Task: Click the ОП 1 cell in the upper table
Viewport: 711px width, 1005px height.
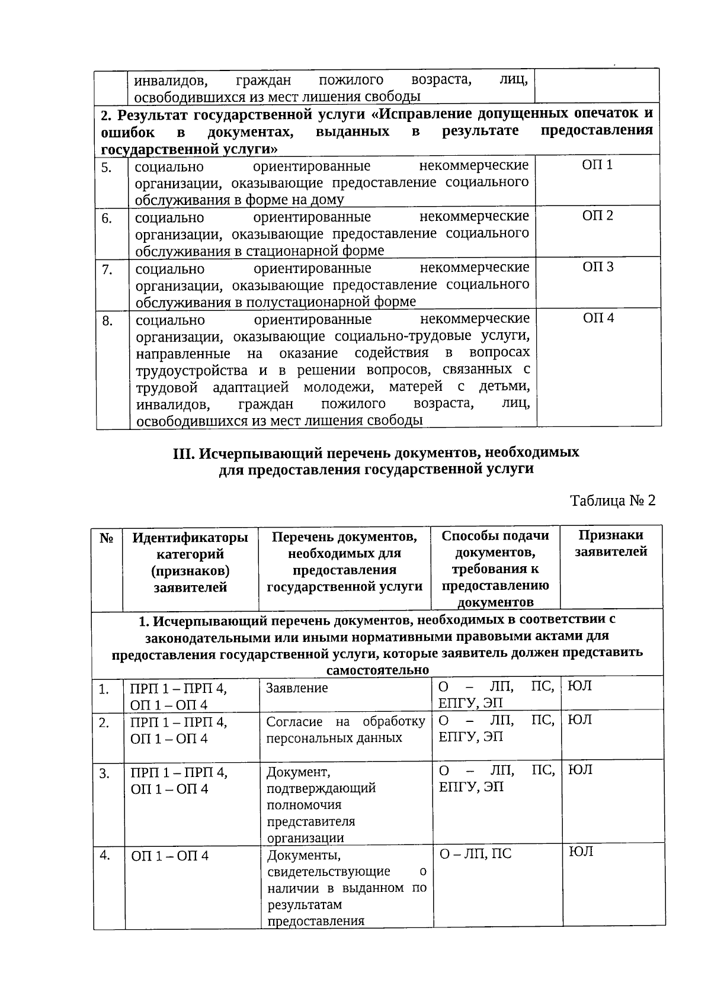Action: coord(597,165)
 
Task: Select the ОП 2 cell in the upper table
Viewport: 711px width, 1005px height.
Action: coord(597,216)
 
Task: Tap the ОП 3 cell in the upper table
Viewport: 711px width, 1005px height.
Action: coord(598,267)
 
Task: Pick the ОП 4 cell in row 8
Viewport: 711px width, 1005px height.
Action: coord(598,319)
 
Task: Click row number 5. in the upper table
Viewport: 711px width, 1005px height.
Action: coord(107,168)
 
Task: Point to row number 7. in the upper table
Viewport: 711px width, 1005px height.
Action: coord(107,270)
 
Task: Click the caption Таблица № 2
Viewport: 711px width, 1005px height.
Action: coord(613,500)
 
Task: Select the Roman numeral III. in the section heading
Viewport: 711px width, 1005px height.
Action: coord(184,453)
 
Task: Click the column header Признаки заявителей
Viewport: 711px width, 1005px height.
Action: coord(611,543)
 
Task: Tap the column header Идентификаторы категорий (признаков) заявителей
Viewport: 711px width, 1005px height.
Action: coord(190,563)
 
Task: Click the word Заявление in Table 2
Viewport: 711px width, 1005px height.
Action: coord(297,688)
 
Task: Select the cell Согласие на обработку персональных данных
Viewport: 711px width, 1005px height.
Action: coord(345,730)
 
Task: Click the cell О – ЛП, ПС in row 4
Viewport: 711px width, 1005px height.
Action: coord(475,853)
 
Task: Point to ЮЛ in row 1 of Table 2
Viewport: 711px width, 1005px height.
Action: coord(580,686)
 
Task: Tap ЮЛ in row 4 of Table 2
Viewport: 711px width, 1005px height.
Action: coord(581,852)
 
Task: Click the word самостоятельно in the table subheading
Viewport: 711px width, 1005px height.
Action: coord(377,670)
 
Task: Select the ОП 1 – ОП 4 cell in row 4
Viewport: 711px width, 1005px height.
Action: coord(169,856)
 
